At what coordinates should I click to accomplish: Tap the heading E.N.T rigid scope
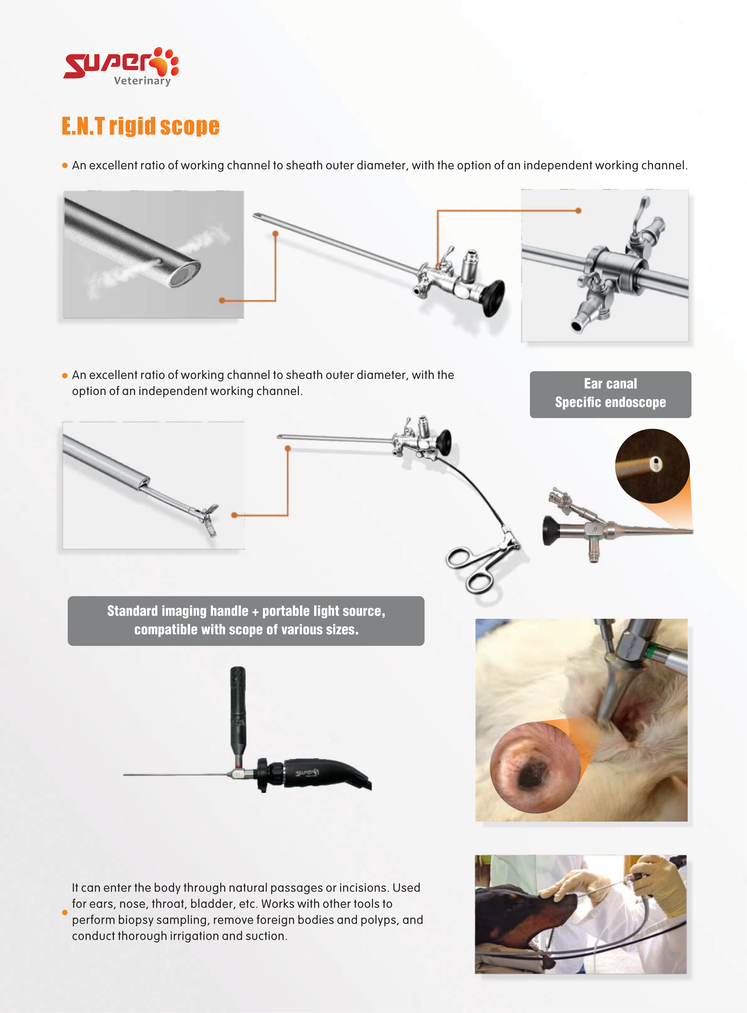141,126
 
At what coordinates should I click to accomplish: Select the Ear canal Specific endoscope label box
611,394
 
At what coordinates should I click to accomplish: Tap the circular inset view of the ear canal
535,767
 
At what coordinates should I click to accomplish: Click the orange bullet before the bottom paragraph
65,912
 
